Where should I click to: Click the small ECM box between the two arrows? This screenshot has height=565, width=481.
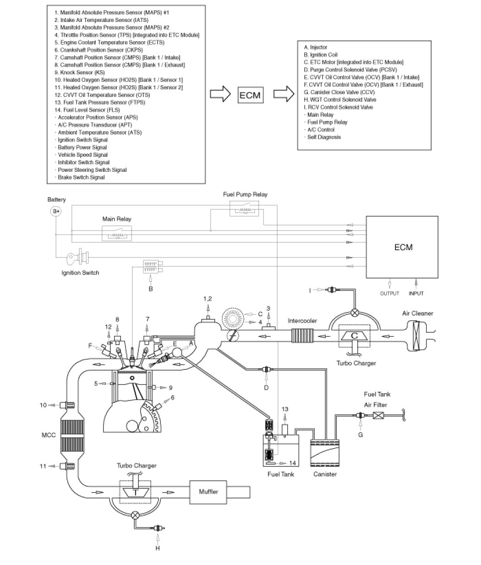click(250, 95)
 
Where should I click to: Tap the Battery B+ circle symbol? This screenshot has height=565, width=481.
click(56, 211)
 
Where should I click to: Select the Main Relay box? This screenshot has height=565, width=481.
click(117, 234)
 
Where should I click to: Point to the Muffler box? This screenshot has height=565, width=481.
click(209, 492)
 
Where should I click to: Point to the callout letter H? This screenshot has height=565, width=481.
click(158, 548)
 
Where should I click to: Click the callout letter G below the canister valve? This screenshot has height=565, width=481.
click(361, 434)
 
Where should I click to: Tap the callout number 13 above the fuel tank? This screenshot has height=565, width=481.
click(284, 409)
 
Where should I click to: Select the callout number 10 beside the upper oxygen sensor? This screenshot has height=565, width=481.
click(43, 405)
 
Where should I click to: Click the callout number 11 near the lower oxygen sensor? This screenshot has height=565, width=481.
click(43, 466)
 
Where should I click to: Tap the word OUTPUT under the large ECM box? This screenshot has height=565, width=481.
click(390, 293)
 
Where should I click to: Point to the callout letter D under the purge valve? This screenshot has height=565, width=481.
click(266, 388)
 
